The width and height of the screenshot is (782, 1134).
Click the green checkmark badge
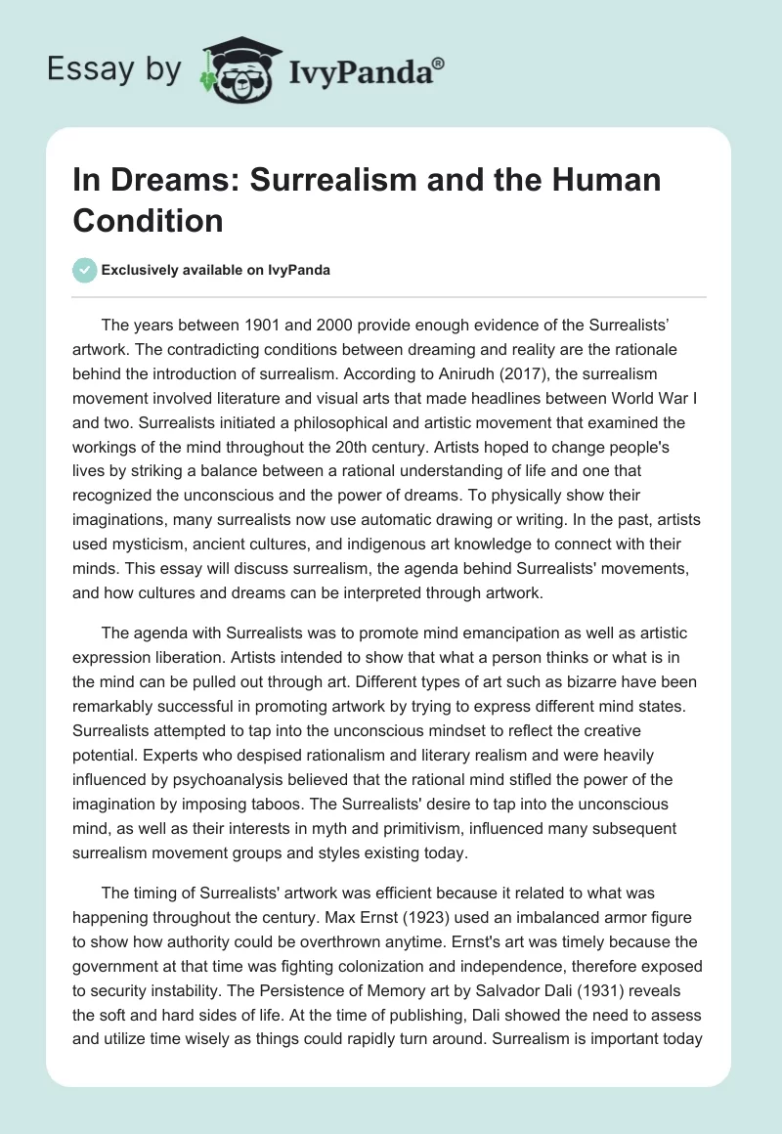pos(84,270)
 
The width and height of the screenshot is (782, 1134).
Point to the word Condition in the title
pos(148,220)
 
